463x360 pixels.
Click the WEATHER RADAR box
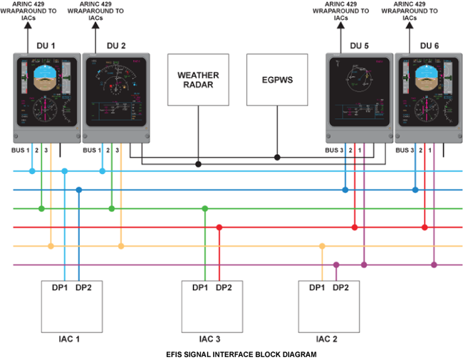199,79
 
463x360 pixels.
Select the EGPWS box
277,80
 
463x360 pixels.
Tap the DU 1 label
46,46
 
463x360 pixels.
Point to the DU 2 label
116,46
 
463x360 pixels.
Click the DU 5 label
360,46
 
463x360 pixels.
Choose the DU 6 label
430,46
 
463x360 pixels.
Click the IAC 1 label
69,338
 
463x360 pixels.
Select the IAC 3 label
209,338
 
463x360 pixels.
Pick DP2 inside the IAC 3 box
222,288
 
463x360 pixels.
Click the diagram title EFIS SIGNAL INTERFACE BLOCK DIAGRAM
231,353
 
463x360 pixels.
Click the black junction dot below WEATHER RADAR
199,164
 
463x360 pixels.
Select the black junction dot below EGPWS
277,156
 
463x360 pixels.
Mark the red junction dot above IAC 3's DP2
219,227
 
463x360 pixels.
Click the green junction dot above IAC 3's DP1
205,208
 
